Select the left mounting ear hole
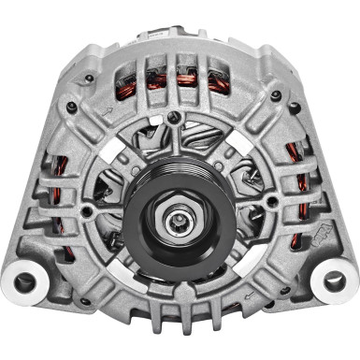(x=25, y=281)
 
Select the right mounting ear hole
(x=333, y=281)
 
